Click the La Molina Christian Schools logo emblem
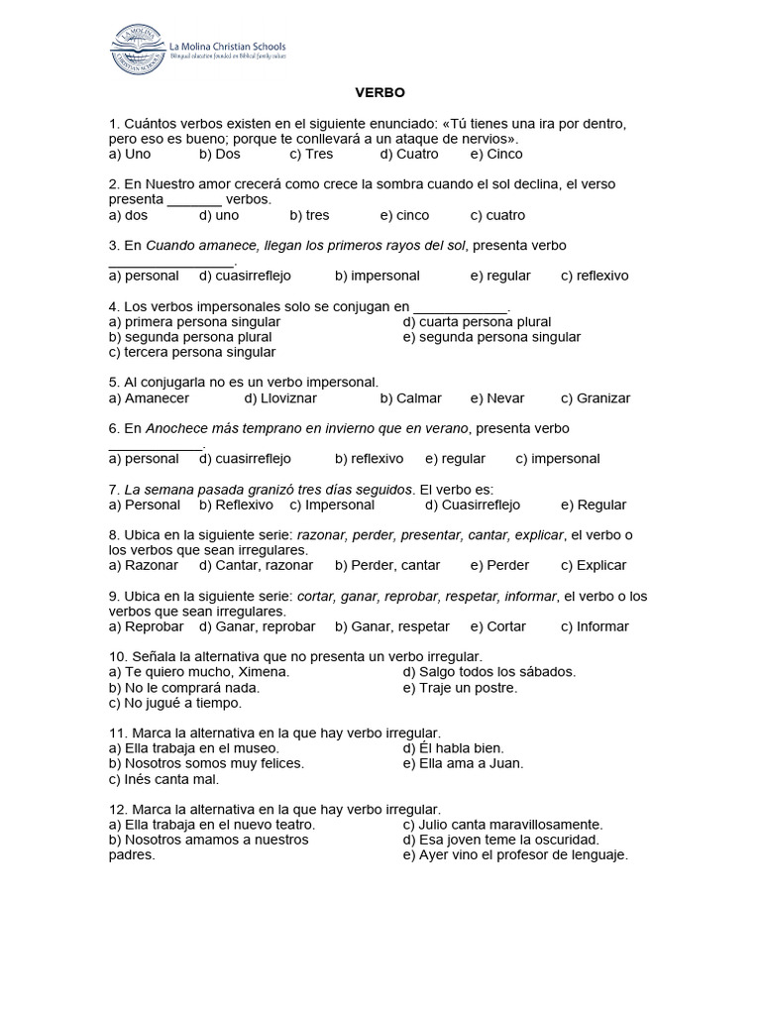137,48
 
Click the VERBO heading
380,93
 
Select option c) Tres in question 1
311,155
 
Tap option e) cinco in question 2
403,215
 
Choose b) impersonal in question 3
378,276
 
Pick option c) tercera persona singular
193,352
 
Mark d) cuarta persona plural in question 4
478,322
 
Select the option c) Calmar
411,398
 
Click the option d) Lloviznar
285,398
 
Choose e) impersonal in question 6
558,459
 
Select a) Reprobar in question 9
147,626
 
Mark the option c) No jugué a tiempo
175,703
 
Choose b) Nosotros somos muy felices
206,763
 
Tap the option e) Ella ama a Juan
464,763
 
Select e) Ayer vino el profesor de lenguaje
516,854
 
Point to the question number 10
117,656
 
